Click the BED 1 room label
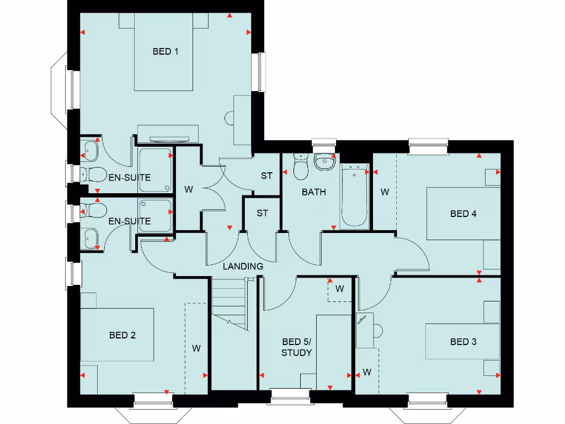(165, 51)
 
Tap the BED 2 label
(122, 335)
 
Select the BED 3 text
(463, 342)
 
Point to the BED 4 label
(463, 214)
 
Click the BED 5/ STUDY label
(297, 347)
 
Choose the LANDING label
(243, 266)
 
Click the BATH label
(313, 192)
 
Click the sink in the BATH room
(324, 162)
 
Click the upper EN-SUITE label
(130, 178)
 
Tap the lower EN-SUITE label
(130, 221)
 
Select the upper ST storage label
(266, 176)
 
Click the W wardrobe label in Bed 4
(385, 193)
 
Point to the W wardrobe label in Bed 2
(196, 348)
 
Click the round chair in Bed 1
(230, 118)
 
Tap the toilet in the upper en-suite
(94, 175)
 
